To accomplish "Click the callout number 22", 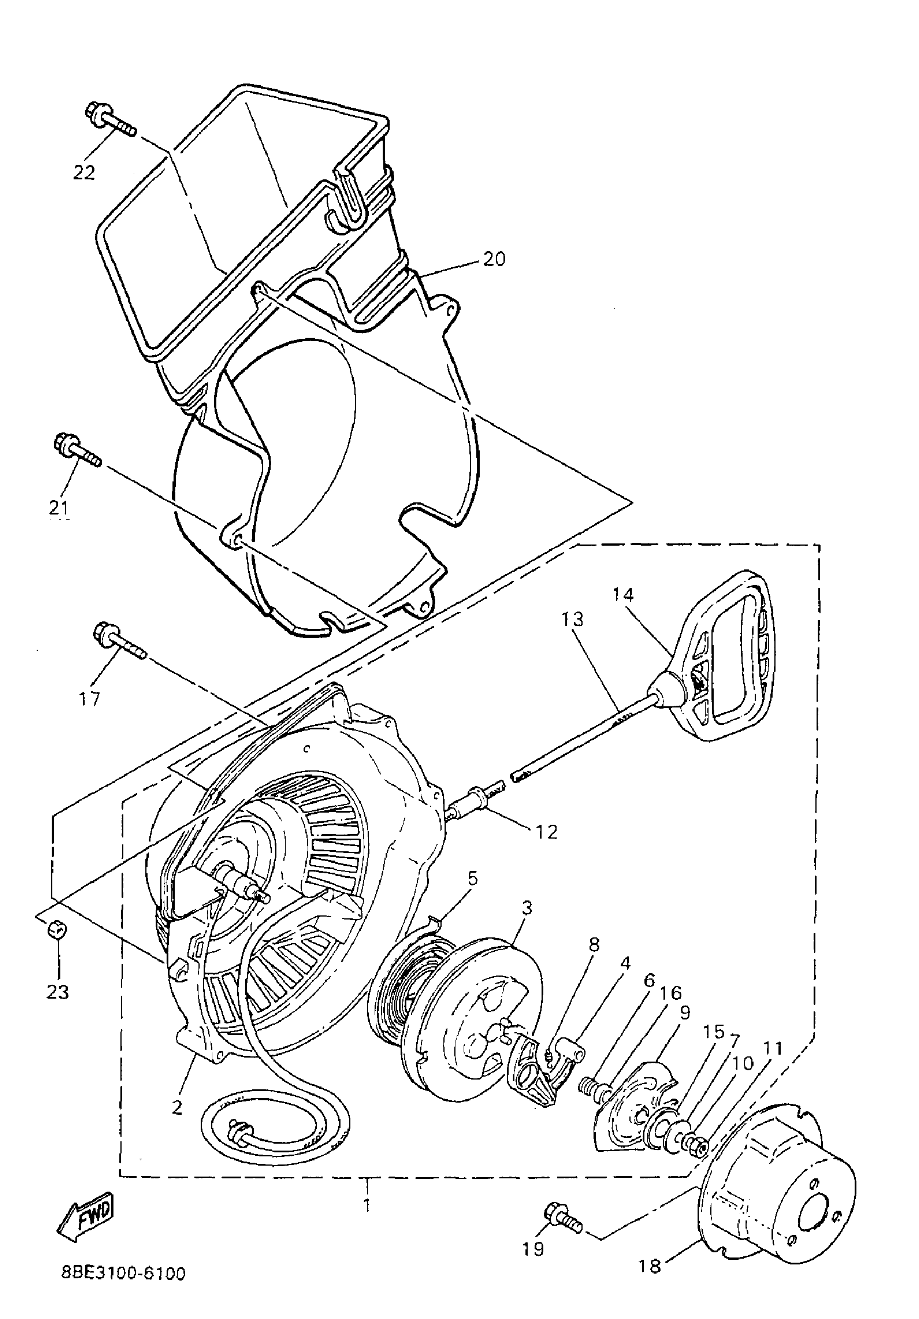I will click(83, 173).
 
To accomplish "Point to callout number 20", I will click(494, 259).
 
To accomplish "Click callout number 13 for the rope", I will click(572, 619).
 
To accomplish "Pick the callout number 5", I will click(472, 878).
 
